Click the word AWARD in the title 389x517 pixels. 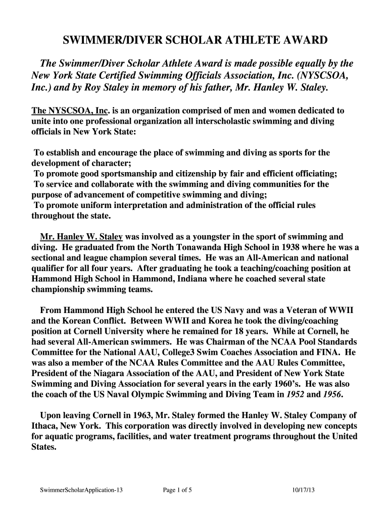tap(300, 40)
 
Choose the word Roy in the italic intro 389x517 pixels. tap(92, 87)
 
